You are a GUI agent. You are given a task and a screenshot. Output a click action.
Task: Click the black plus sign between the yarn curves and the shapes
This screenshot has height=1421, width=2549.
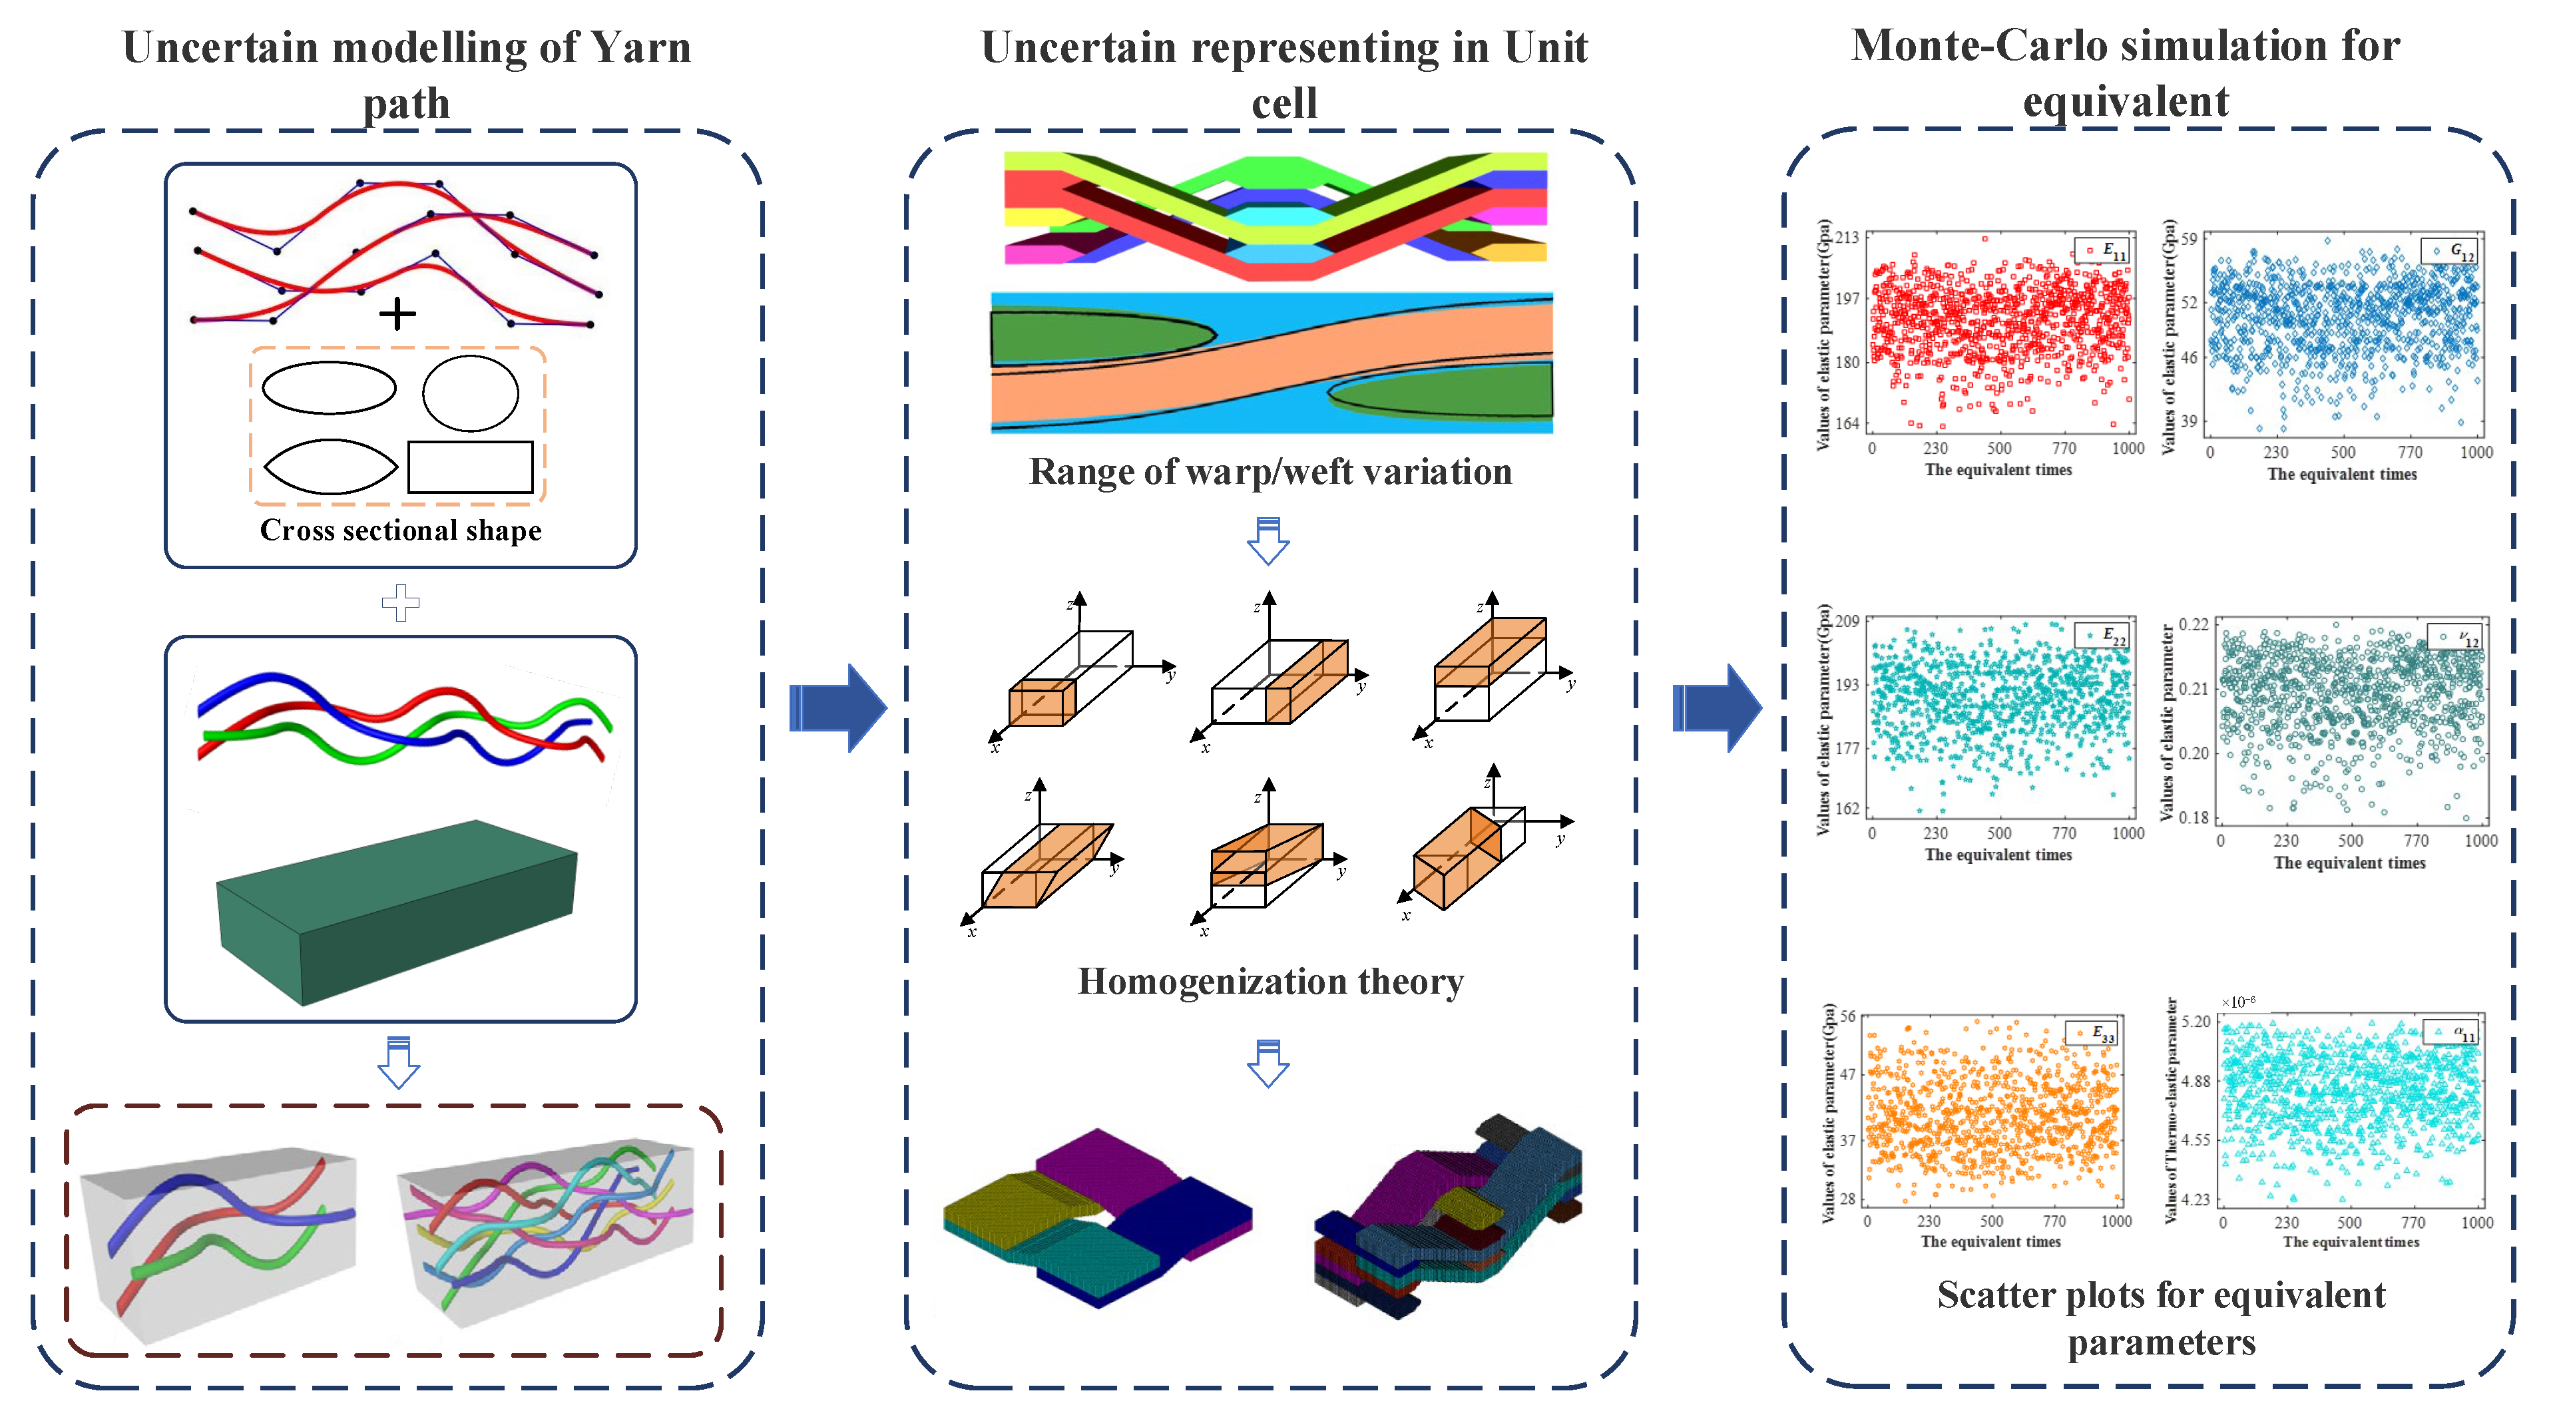click(397, 315)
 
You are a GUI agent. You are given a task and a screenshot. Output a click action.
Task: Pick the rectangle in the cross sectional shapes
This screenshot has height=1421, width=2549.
click(470, 467)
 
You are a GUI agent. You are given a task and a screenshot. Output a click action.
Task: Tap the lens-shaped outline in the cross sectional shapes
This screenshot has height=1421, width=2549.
click(330, 466)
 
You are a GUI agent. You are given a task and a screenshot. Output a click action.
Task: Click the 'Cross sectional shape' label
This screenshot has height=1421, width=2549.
click(401, 530)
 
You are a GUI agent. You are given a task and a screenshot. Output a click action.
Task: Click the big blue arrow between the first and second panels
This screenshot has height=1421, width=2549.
click(838, 708)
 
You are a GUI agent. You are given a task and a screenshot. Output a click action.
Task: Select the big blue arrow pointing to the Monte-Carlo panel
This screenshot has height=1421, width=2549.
click(1717, 708)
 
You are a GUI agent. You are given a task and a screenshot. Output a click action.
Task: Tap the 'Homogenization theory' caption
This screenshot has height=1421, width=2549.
click(1271, 982)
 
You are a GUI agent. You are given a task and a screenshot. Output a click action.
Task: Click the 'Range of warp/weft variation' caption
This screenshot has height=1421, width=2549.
click(1271, 472)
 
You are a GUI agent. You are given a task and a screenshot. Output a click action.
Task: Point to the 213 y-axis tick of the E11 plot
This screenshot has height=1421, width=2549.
click(1847, 238)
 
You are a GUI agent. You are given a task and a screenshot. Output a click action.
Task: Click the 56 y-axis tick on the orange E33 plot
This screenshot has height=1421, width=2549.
click(1847, 1016)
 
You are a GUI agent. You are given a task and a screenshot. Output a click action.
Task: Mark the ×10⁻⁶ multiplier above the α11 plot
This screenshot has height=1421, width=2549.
click(2238, 1002)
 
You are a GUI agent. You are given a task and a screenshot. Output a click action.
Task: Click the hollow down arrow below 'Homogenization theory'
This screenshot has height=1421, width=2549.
click(1269, 1063)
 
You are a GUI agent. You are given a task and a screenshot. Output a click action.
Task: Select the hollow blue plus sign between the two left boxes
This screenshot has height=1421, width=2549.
click(401, 602)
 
